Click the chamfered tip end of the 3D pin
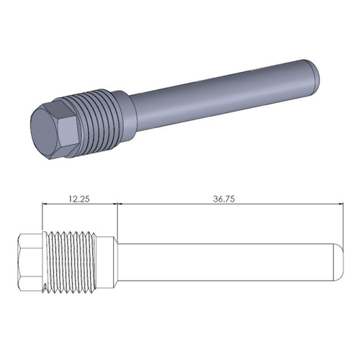[x=315, y=71]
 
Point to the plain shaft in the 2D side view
[x=223, y=264]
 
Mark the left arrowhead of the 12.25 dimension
[x=47, y=204]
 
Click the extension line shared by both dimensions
[x=117, y=220]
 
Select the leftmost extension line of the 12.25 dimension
[x=44, y=220]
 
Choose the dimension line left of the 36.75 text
[x=166, y=204]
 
